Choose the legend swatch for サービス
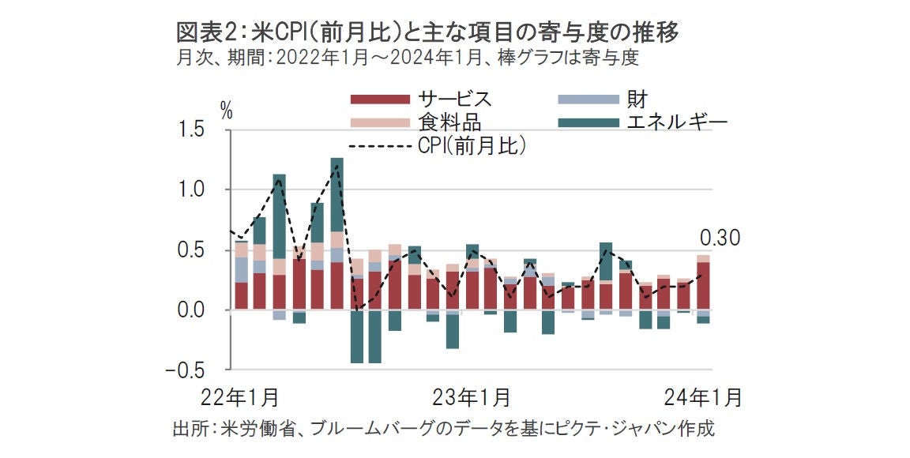point(380,99)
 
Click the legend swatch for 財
point(587,99)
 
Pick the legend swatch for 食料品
point(380,122)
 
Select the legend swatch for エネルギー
point(587,122)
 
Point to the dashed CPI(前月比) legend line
point(380,145)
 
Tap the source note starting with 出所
point(443,430)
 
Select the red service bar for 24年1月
point(702,286)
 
